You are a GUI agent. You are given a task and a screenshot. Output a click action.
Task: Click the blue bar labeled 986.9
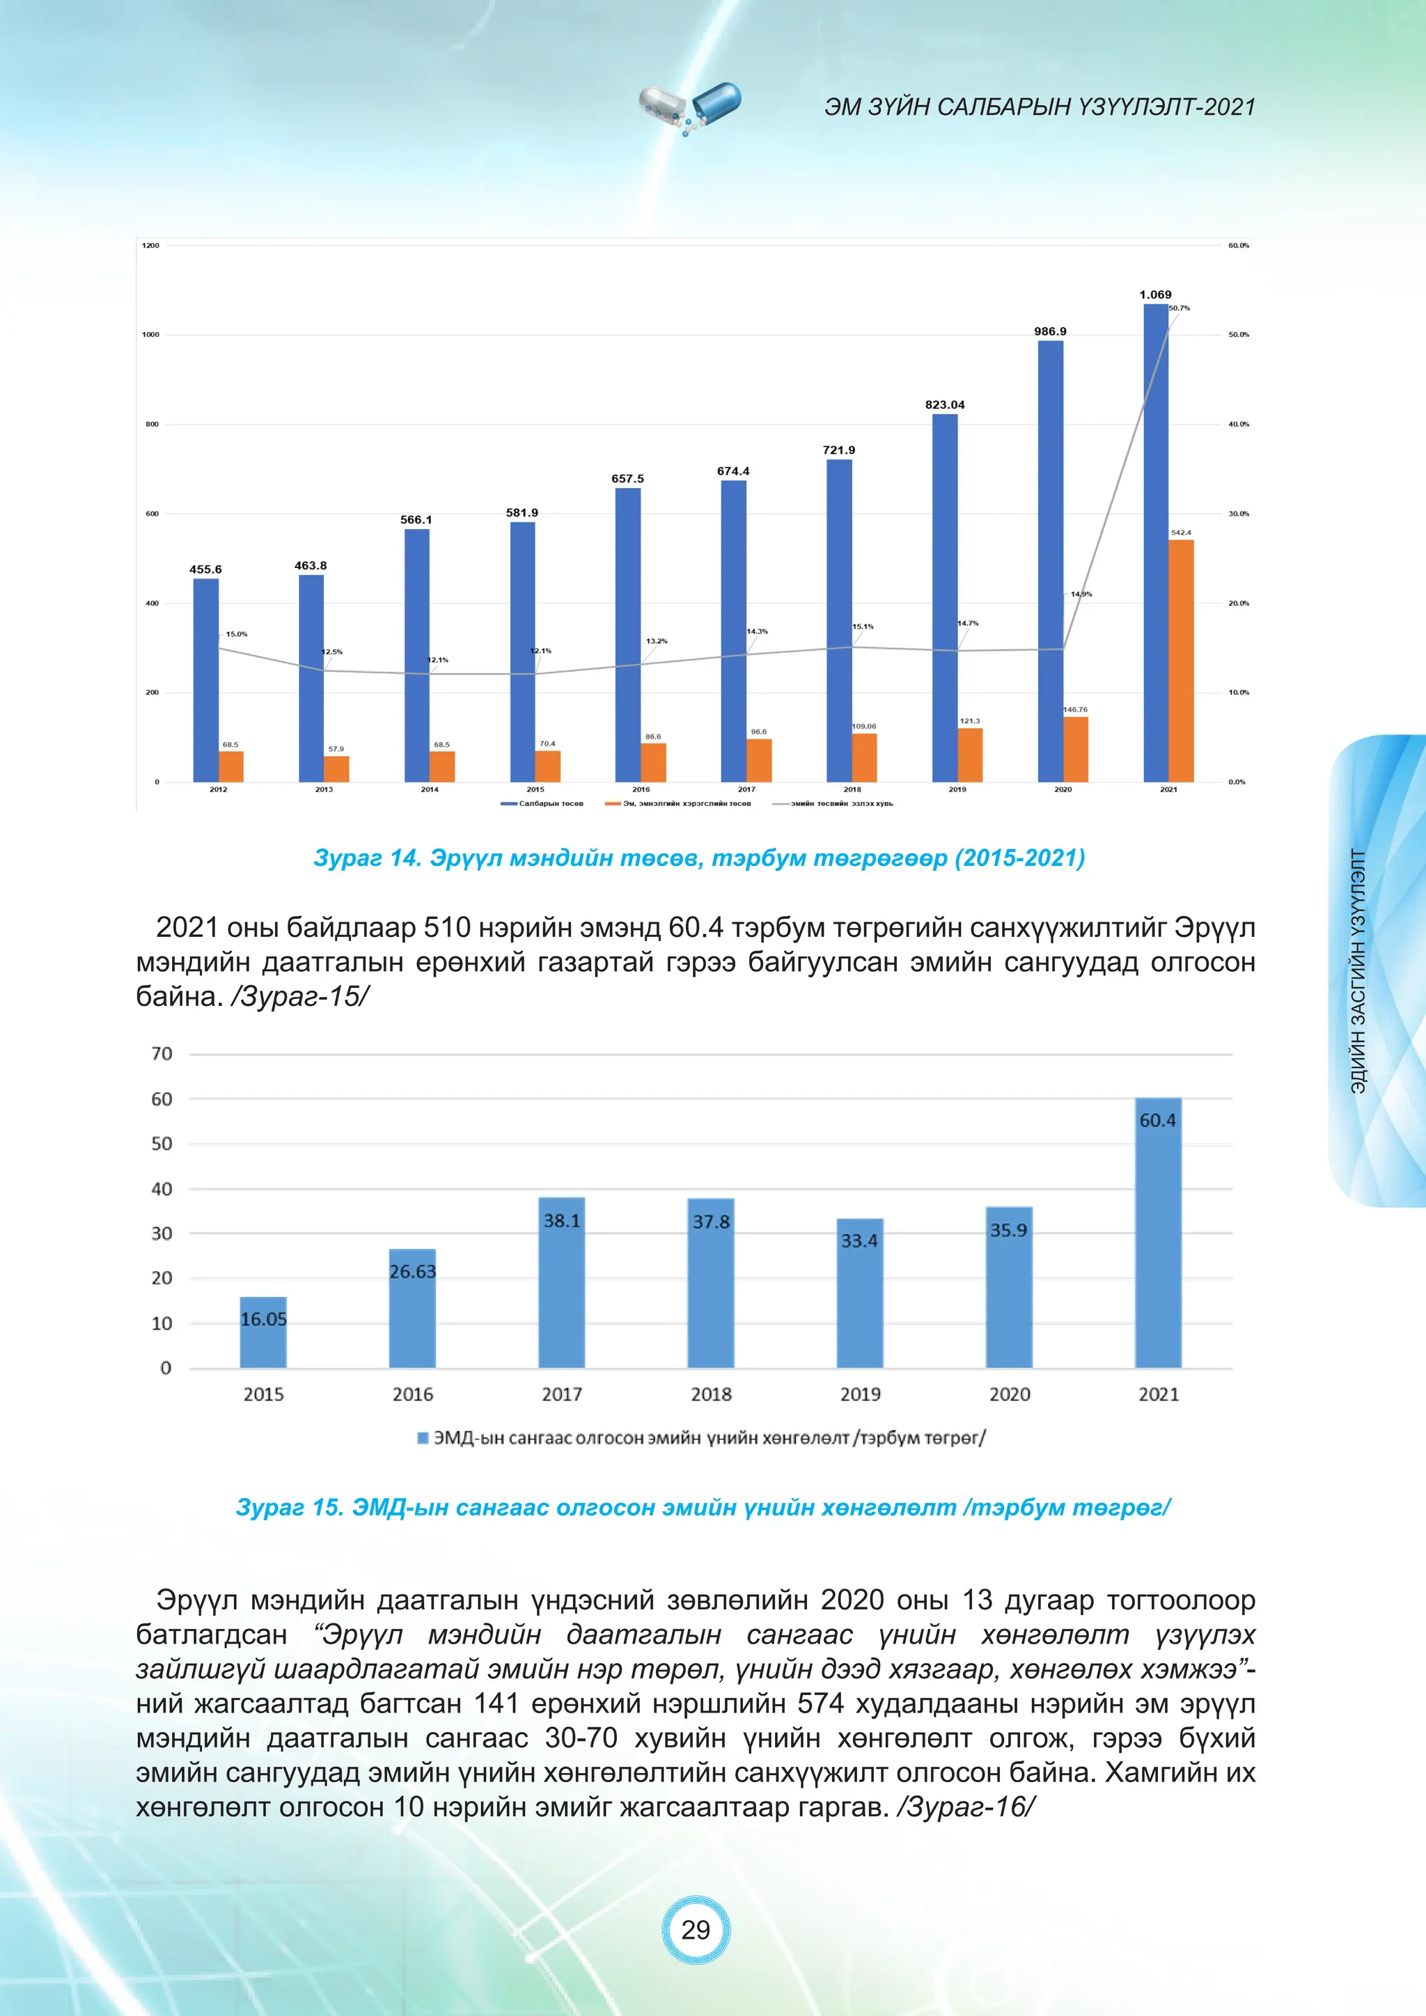(x=1050, y=562)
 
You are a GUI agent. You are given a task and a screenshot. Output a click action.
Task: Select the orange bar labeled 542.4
(x=1181, y=661)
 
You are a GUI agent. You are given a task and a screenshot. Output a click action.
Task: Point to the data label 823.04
(x=945, y=404)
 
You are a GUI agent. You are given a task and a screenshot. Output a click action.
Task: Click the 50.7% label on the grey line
(x=1180, y=308)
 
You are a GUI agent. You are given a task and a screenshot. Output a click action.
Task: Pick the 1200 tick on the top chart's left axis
(x=151, y=246)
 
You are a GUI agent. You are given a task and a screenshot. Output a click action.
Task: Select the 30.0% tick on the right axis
(x=1238, y=514)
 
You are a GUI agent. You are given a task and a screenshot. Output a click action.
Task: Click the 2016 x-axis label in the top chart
(x=641, y=789)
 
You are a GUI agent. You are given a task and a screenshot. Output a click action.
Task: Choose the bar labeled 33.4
(x=860, y=1295)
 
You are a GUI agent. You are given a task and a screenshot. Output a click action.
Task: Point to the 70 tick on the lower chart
(x=162, y=1054)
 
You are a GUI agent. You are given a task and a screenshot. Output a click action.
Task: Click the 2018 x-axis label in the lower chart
(x=711, y=1394)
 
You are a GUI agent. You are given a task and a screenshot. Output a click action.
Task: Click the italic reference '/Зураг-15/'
(x=300, y=997)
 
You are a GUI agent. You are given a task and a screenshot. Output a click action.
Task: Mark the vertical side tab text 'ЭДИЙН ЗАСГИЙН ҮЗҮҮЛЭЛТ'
(x=1358, y=970)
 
